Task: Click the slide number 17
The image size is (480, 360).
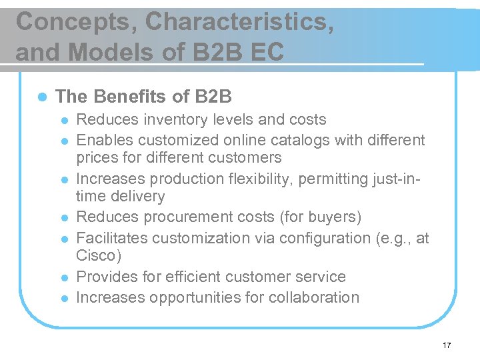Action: (x=447, y=345)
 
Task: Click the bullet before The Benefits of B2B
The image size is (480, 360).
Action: (x=41, y=97)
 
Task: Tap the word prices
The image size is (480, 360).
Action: (x=97, y=158)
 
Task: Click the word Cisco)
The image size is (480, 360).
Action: (x=99, y=256)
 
